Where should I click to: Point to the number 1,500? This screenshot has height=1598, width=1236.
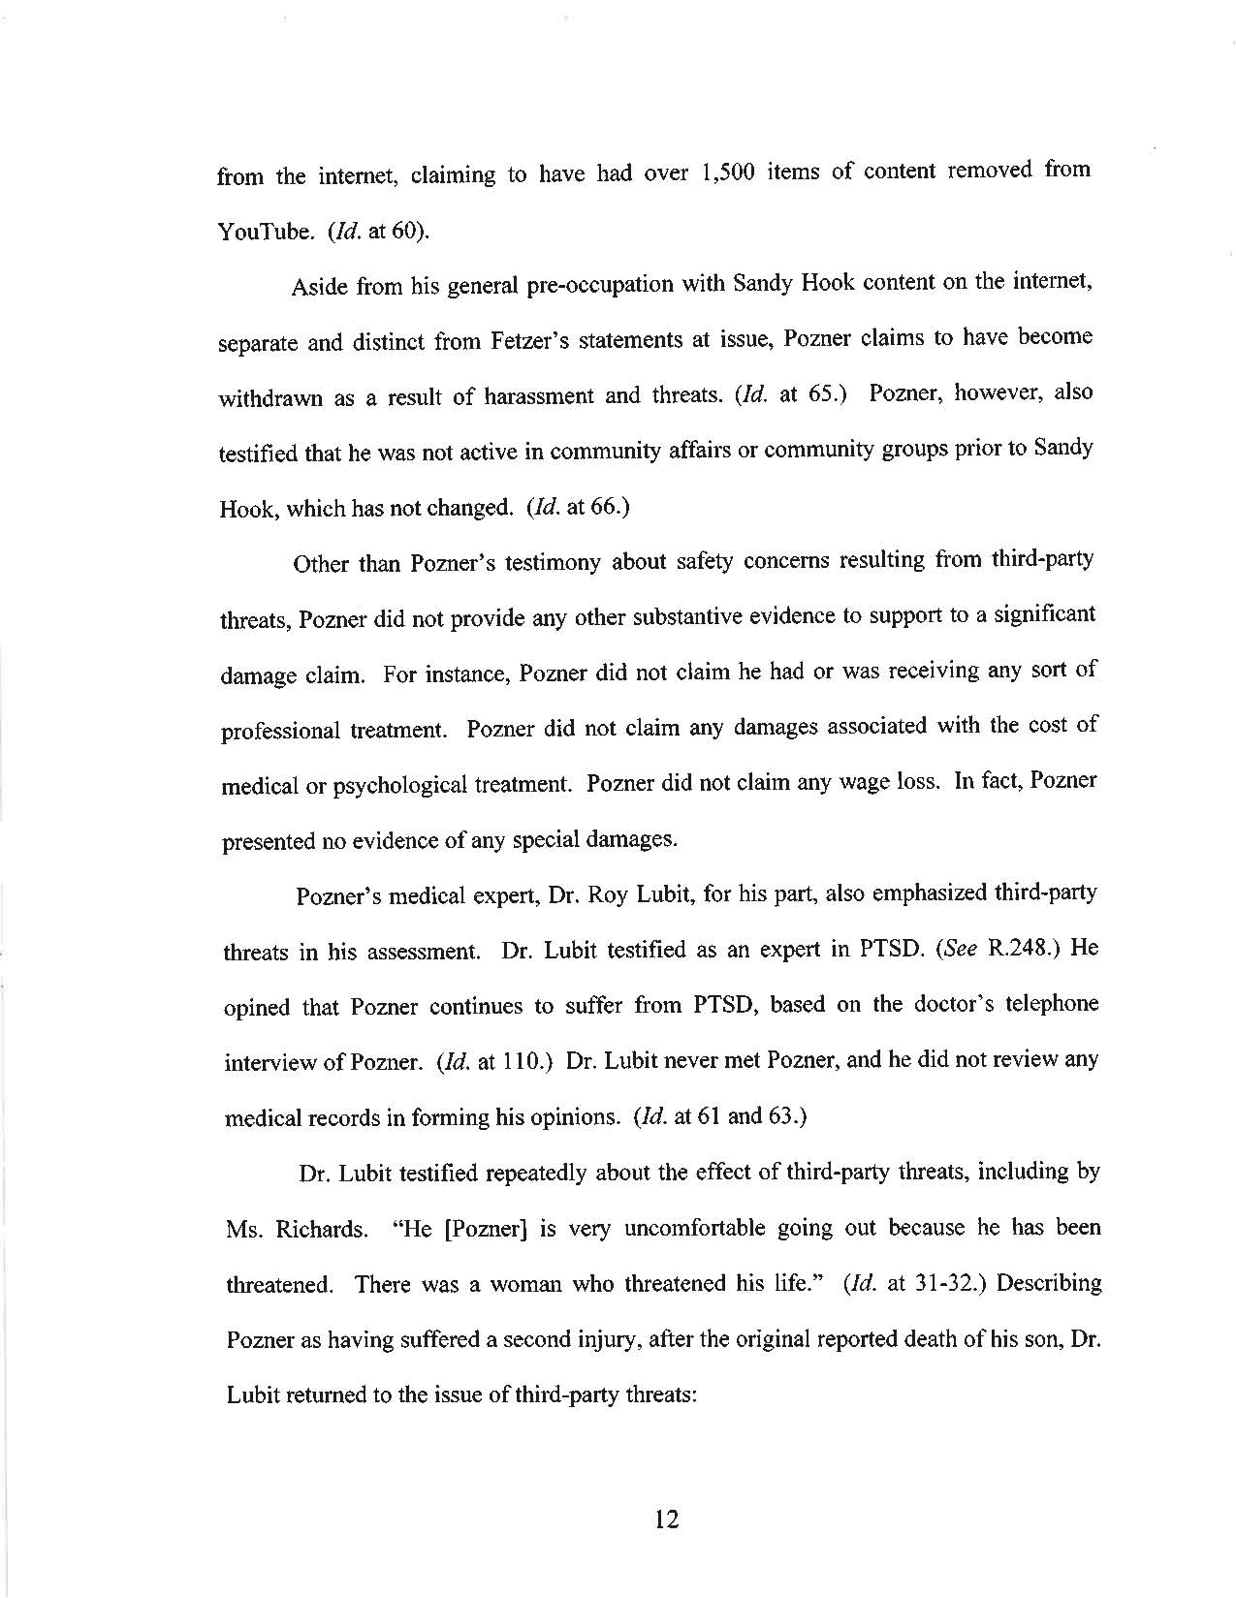[x=719, y=174]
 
